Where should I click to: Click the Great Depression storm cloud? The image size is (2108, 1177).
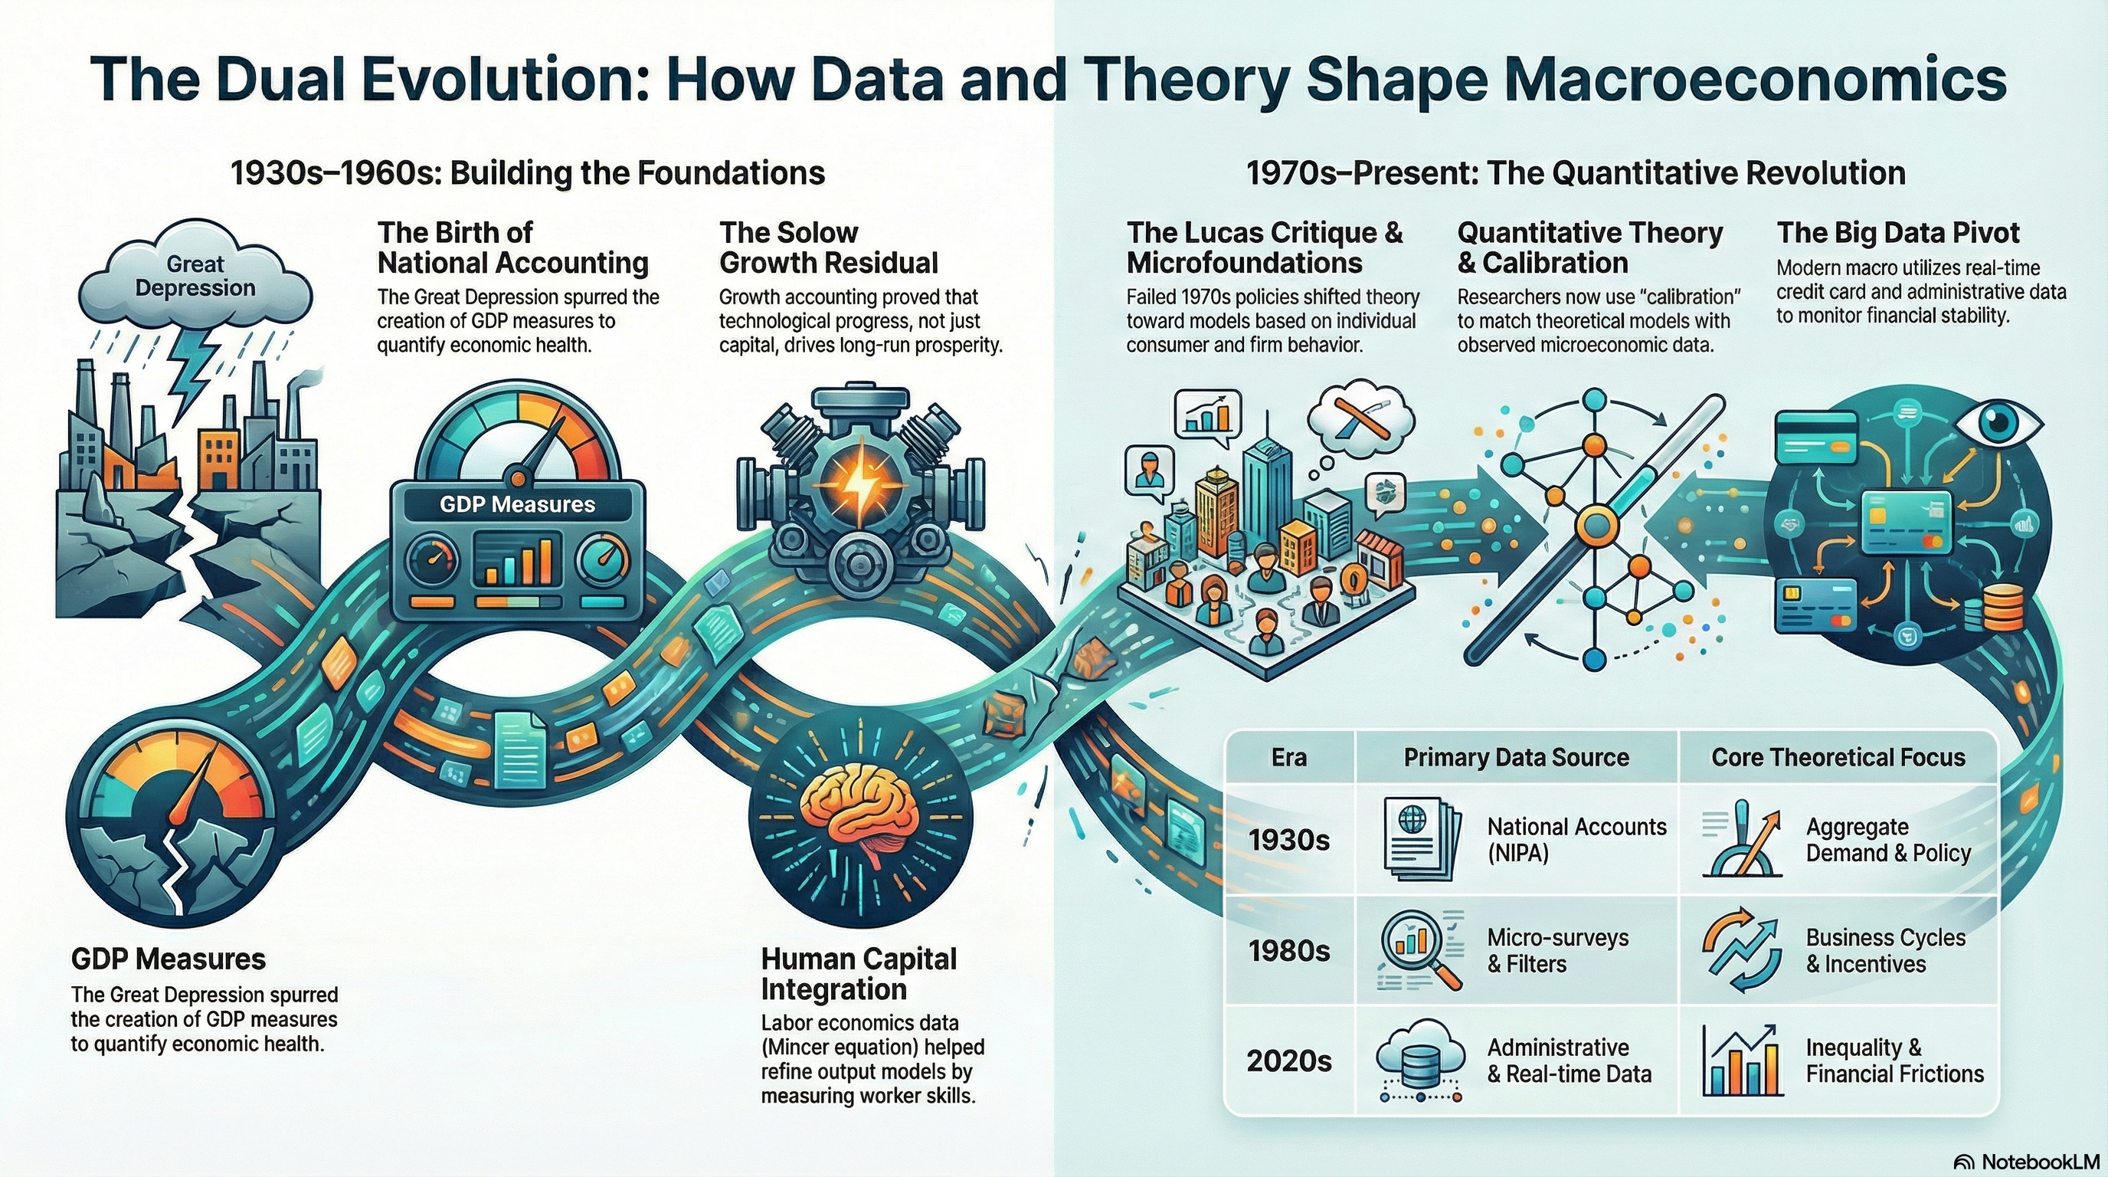pyautogui.click(x=195, y=277)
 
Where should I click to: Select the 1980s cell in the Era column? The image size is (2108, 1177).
pyautogui.click(x=1289, y=950)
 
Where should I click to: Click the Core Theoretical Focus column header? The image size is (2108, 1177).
pyautogui.click(x=1838, y=757)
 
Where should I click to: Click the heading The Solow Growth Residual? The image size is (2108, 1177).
pyautogui.click(x=828, y=248)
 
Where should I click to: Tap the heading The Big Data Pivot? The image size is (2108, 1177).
pyautogui.click(x=1897, y=233)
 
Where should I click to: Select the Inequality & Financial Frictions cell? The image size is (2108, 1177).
pyautogui.click(x=1894, y=1060)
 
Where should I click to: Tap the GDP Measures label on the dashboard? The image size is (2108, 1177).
pyautogui.click(x=517, y=504)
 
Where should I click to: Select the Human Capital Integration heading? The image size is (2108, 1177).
pyautogui.click(x=859, y=974)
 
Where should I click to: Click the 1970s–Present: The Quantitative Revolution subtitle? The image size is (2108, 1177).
pyautogui.click(x=1576, y=173)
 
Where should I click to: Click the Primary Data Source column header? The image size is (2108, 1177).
pyautogui.click(x=1517, y=757)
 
